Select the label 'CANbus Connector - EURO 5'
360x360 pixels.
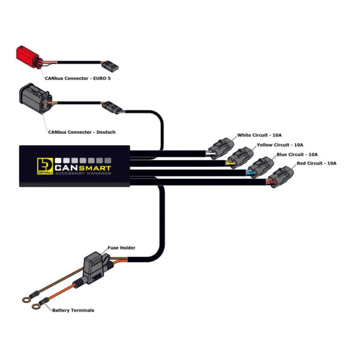pyautogui.click(x=77, y=78)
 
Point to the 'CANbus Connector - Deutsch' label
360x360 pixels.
pyautogui.click(x=82, y=132)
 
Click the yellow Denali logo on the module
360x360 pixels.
pyautogui.click(x=45, y=166)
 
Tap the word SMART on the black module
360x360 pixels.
pyautogui.click(x=95, y=168)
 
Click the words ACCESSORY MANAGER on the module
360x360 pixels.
pyautogui.click(x=83, y=173)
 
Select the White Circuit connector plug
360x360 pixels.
pyautogui.click(x=221, y=148)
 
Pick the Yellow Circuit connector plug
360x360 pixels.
pyautogui.click(x=241, y=158)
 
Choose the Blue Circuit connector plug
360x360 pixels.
pyautogui.click(x=261, y=167)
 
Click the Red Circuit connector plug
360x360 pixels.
pyautogui.click(x=281, y=177)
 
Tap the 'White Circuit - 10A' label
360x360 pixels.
pyautogui.click(x=259, y=135)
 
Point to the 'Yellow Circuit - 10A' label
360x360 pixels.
pyautogui.click(x=280, y=145)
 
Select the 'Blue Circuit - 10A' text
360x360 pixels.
pyautogui.click(x=297, y=155)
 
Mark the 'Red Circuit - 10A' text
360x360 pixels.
pyautogui.click(x=317, y=163)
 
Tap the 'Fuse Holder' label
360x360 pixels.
pyautogui.click(x=121, y=248)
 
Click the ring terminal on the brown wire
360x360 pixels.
pyautogui.click(x=26, y=299)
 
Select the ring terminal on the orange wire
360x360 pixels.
pyautogui.click(x=36, y=306)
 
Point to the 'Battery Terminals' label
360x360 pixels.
pyautogui.click(x=73, y=310)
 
